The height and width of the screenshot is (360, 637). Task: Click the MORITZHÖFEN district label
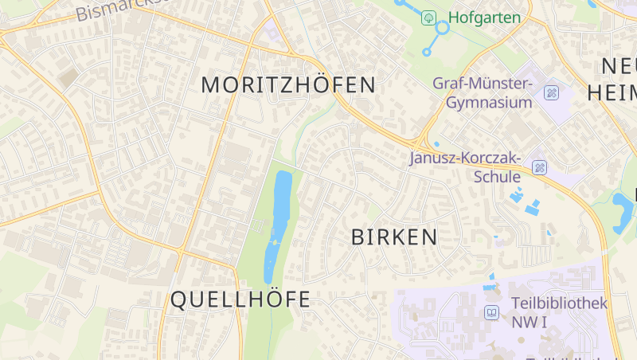tap(287, 84)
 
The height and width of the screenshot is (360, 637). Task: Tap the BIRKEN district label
tap(394, 237)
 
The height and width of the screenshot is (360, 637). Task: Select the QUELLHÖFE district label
tap(240, 299)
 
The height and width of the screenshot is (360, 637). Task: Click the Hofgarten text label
tap(483, 18)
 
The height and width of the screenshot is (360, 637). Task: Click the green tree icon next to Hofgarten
tap(429, 17)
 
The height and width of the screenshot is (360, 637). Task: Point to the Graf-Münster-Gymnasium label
tap(483, 92)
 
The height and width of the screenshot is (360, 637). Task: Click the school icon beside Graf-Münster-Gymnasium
tap(551, 93)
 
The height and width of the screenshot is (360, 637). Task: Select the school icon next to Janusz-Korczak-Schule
tap(539, 167)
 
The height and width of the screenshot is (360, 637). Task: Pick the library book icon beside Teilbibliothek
tap(492, 312)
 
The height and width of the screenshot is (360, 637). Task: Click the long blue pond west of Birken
tap(279, 223)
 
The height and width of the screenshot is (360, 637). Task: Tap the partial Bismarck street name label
tap(119, 9)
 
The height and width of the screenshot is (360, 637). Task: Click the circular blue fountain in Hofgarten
tap(443, 28)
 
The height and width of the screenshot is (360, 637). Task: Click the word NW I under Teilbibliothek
tap(530, 322)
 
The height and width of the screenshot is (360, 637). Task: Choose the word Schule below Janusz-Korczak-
tap(497, 177)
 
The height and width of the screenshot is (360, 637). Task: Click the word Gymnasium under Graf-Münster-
tap(488, 103)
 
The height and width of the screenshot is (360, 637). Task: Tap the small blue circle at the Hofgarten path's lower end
tap(426, 53)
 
